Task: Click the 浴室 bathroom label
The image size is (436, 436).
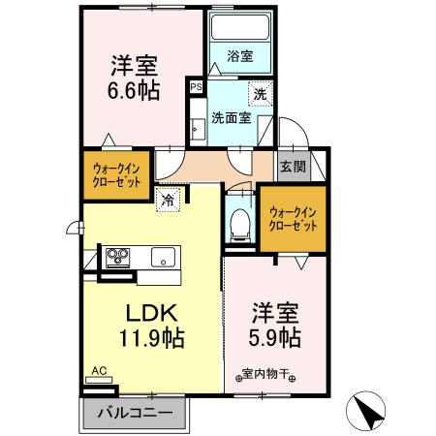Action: (240, 57)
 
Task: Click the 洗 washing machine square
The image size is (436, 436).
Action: (259, 94)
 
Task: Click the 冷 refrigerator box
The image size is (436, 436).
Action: (168, 201)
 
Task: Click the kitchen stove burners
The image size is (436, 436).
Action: (118, 257)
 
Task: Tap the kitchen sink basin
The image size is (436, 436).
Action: (161, 257)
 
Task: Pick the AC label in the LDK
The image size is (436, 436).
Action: (98, 370)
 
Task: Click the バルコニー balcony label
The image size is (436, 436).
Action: (135, 414)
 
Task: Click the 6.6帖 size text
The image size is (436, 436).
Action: (134, 91)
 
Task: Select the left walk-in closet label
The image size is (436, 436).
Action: (110, 175)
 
